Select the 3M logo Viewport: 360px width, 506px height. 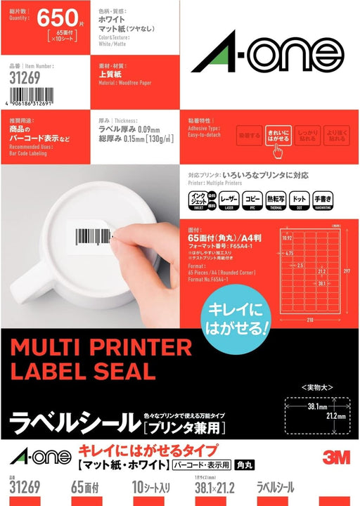point(336,455)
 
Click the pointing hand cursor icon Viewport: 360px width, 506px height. point(279,150)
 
